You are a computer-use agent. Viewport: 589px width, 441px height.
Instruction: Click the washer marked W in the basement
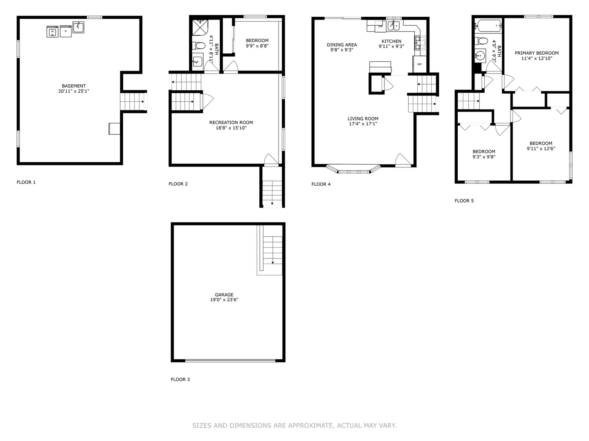coord(52,31)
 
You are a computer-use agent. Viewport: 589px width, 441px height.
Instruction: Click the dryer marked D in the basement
coord(65,31)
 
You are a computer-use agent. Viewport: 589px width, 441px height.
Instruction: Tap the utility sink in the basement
coord(78,27)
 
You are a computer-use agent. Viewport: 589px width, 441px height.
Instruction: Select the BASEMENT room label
coord(74,86)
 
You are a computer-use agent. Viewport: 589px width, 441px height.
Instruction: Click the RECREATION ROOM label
coord(231,122)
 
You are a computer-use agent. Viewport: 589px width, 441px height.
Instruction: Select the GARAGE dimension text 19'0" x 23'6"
coord(224,300)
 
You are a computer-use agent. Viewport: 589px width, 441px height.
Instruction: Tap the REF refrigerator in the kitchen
coord(419,65)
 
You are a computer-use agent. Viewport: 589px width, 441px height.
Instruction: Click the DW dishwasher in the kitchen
coord(380,27)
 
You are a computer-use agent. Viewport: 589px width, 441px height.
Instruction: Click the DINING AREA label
coord(342,45)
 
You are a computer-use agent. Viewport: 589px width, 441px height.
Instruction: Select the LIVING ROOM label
coord(363,119)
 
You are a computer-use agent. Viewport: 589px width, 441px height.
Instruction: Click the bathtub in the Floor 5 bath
coord(488,26)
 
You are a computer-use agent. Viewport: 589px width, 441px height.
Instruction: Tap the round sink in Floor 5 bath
coord(480,55)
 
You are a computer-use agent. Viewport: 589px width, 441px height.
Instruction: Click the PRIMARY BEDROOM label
coord(536,53)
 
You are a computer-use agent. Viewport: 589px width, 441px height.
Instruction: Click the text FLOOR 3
coord(180,379)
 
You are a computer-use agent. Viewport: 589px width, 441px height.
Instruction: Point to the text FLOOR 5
coord(464,200)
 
